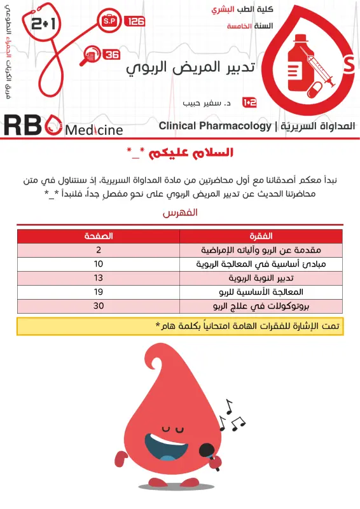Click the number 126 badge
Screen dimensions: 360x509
point(135,22)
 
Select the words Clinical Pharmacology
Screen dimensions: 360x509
point(215,126)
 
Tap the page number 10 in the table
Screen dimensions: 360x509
point(99,263)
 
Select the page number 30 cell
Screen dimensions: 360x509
point(99,305)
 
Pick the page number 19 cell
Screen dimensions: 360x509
point(99,291)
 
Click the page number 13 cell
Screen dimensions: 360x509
point(99,277)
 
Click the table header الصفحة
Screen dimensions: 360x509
point(99,236)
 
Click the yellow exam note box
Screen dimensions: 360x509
point(180,326)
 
